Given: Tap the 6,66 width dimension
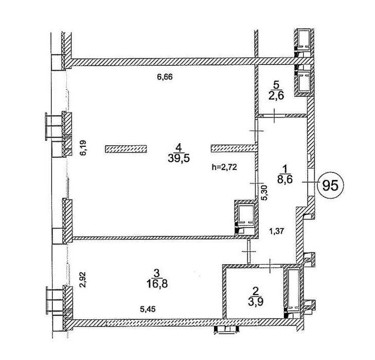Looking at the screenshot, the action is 165,77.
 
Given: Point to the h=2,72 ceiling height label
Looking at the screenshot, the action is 225,167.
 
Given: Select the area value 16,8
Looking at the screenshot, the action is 156,283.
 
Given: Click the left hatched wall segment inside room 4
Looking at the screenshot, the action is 126,149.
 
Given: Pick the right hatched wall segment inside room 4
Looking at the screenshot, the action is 234,149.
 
